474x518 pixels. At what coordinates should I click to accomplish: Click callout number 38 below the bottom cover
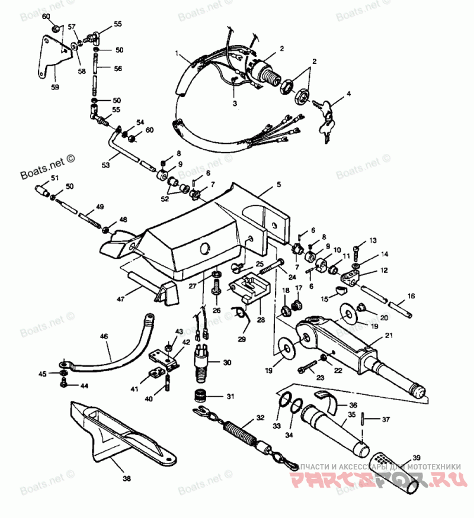tap(127, 478)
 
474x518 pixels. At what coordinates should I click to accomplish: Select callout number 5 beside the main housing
tap(278, 186)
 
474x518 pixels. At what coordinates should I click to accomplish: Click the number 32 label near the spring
tap(259, 418)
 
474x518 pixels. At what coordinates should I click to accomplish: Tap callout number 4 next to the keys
tap(349, 94)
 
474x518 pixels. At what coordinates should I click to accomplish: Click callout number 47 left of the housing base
tap(121, 300)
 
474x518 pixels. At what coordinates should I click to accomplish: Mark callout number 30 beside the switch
tap(228, 362)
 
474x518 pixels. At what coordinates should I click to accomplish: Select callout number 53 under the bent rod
tap(105, 165)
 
